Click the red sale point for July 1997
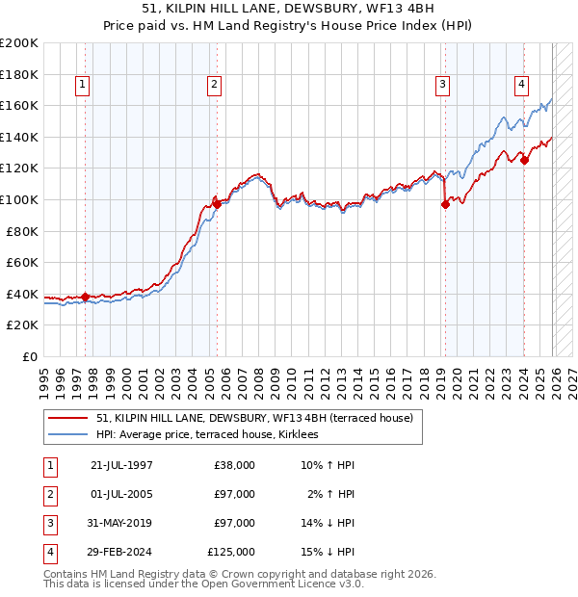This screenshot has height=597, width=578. (86, 298)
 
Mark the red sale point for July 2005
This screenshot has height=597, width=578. (217, 204)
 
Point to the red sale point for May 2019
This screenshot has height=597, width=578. (445, 204)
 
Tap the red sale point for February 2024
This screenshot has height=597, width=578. (524, 161)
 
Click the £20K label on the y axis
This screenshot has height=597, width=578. (22, 325)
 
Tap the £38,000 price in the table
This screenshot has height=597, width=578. (234, 464)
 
